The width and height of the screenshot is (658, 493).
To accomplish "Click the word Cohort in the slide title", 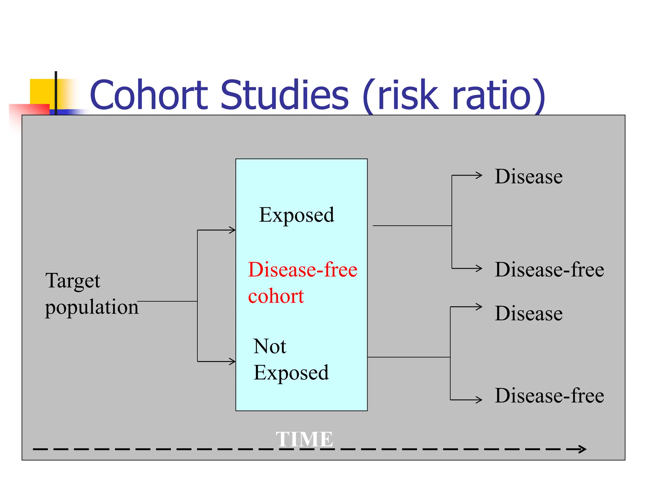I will [x=149, y=95].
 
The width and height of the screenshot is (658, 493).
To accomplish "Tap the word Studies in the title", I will [x=285, y=95].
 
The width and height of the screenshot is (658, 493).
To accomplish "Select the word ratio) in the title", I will [x=498, y=95].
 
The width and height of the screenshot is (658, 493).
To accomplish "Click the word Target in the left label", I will [x=73, y=281].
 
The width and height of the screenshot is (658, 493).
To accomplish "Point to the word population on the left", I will [x=92, y=307].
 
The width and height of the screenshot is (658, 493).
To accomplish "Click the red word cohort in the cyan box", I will [x=276, y=296].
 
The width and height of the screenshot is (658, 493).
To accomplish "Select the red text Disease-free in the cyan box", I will [x=302, y=270].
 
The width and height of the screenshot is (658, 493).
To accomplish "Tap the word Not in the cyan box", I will [x=270, y=347].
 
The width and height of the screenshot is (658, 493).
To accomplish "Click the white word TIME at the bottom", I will [x=304, y=439].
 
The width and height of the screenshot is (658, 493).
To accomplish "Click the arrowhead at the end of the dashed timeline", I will [x=582, y=449].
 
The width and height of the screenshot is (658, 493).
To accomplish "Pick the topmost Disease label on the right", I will [x=529, y=176].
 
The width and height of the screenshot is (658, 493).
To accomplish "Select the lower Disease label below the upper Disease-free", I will [x=529, y=313].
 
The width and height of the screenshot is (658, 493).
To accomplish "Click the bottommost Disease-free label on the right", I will [x=549, y=395].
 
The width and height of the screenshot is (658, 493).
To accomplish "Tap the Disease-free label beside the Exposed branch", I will [x=549, y=270].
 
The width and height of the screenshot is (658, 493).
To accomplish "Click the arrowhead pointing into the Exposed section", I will [x=232, y=230].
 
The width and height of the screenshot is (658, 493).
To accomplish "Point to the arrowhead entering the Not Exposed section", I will [x=232, y=362].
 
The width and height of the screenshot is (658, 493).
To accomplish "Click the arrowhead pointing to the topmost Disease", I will [x=479, y=175].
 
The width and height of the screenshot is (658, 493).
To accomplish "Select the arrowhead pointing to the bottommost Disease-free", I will [x=479, y=400].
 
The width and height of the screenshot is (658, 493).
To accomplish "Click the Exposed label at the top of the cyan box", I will [x=296, y=215].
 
